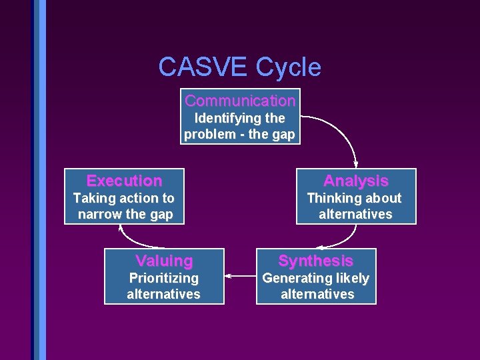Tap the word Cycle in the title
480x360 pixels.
(x=288, y=67)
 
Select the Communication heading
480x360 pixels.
(x=240, y=101)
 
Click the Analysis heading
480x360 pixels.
(x=355, y=181)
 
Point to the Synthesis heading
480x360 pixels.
(x=315, y=261)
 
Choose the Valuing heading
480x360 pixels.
(x=164, y=261)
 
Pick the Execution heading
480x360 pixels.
(x=124, y=181)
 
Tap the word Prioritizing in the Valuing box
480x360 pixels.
(x=163, y=278)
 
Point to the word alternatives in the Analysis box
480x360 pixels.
(x=355, y=214)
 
